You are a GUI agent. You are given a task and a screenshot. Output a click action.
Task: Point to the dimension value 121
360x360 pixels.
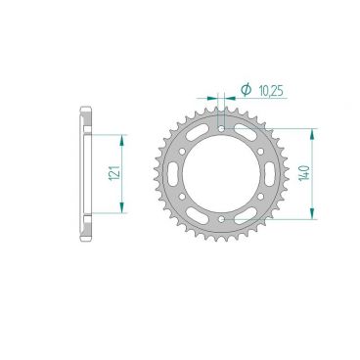(113, 173)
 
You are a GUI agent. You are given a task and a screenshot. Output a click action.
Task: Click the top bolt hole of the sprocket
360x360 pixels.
(222, 127)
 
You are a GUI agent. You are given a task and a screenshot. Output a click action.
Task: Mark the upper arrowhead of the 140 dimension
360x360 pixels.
(311, 132)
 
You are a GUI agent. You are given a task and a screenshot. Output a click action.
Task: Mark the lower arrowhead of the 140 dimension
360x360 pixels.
(311, 217)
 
